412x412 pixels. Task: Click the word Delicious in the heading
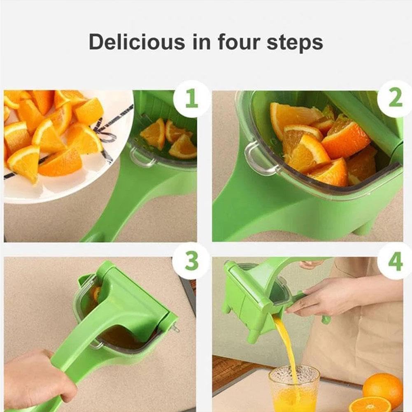[136, 42]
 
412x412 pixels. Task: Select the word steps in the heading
[295, 43]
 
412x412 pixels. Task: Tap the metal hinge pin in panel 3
[176, 328]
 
